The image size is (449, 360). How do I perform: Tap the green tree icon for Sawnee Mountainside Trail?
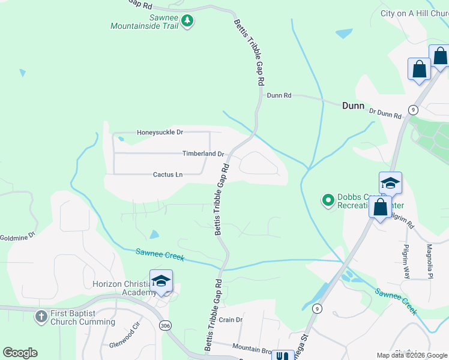pos(188,21)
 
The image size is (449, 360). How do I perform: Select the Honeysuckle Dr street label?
pos(160,132)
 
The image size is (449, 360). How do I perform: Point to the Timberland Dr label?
pos(203,154)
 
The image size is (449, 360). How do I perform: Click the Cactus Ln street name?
pos(167,175)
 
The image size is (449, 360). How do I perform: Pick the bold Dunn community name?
pos(353,106)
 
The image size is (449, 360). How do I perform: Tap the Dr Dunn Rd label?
pos(385,113)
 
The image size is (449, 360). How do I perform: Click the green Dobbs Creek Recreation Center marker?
pos(328,200)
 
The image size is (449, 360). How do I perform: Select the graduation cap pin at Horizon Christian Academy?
pos(161,281)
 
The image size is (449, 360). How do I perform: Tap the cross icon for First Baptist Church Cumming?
pos(41,316)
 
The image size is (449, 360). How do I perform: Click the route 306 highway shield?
pos(166,325)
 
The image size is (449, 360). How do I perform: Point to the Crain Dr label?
pos(231,320)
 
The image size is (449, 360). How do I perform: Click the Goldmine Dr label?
pos(17,238)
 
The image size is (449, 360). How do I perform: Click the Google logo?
pos(20,353)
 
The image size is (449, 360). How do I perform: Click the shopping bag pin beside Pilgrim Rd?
pos(380,208)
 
